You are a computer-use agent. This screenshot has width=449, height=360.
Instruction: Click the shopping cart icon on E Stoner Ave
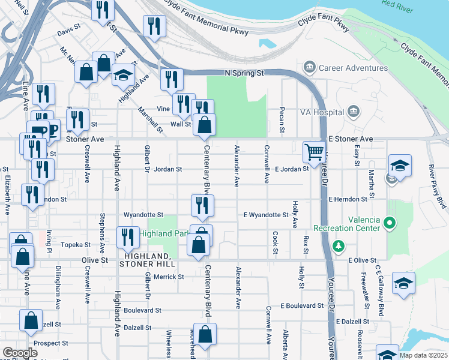click(313, 152)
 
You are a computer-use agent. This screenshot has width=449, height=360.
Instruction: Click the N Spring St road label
click(244, 73)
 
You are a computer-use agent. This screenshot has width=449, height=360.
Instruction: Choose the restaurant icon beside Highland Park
click(127, 238)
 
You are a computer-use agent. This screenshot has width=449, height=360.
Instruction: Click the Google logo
click(20, 353)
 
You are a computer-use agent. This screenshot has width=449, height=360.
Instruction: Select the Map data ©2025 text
click(424, 355)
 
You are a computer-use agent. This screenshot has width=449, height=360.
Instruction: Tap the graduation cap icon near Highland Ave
click(124, 75)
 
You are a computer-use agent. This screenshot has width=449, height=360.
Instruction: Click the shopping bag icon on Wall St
click(205, 125)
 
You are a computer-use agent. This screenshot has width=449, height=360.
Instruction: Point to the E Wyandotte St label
click(266, 215)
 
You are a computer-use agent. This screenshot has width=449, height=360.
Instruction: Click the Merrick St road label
click(168, 277)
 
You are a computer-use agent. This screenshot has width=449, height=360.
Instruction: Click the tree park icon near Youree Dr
click(339, 245)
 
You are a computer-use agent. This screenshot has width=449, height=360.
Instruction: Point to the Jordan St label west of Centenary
click(167, 169)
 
